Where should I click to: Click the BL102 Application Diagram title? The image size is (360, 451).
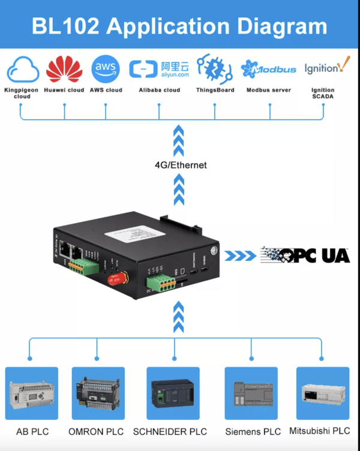pyautogui.click(x=179, y=26)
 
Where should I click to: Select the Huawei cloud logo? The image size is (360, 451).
pyautogui.click(x=64, y=70)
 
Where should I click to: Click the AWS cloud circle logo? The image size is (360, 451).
pyautogui.click(x=105, y=69)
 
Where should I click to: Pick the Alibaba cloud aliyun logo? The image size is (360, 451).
pyautogui.click(x=160, y=70)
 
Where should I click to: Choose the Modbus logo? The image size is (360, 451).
pyautogui.click(x=268, y=70)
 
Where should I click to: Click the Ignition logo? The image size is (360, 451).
pyautogui.click(x=326, y=67)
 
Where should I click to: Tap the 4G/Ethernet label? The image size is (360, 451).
pyautogui.click(x=179, y=165)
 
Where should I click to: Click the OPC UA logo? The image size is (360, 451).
pyautogui.click(x=305, y=255)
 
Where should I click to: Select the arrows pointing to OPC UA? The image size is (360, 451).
pyautogui.click(x=239, y=255)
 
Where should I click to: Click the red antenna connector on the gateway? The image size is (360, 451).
pyautogui.click(x=116, y=278)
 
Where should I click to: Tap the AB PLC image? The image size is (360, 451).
pyautogui.click(x=32, y=393)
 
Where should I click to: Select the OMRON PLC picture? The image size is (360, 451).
pyautogui.click(x=98, y=393)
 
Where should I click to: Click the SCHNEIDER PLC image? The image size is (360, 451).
pyautogui.click(x=175, y=393)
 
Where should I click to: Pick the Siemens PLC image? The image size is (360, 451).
pyautogui.click(x=251, y=393)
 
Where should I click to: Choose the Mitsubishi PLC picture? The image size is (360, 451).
pyautogui.click(x=323, y=393)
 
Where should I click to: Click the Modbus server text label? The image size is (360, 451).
pyautogui.click(x=268, y=90)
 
